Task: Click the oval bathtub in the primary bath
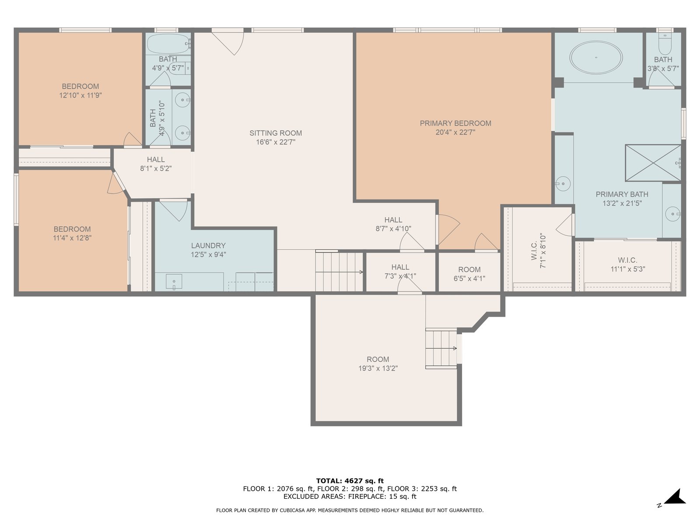(x=596, y=58)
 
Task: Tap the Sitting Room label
(x=276, y=133)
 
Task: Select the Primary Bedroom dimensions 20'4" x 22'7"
(x=455, y=132)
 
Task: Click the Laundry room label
(x=208, y=245)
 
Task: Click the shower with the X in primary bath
(x=653, y=163)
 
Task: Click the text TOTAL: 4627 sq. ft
(x=350, y=481)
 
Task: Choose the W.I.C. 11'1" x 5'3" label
(x=628, y=265)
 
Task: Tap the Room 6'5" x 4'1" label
(x=469, y=274)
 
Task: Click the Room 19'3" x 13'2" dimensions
(x=378, y=368)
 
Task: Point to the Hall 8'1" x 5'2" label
(x=156, y=164)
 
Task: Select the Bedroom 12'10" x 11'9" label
(x=80, y=91)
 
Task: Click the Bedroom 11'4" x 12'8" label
(x=72, y=233)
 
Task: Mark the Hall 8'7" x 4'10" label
(x=393, y=224)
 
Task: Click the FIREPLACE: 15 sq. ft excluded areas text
(x=382, y=496)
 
